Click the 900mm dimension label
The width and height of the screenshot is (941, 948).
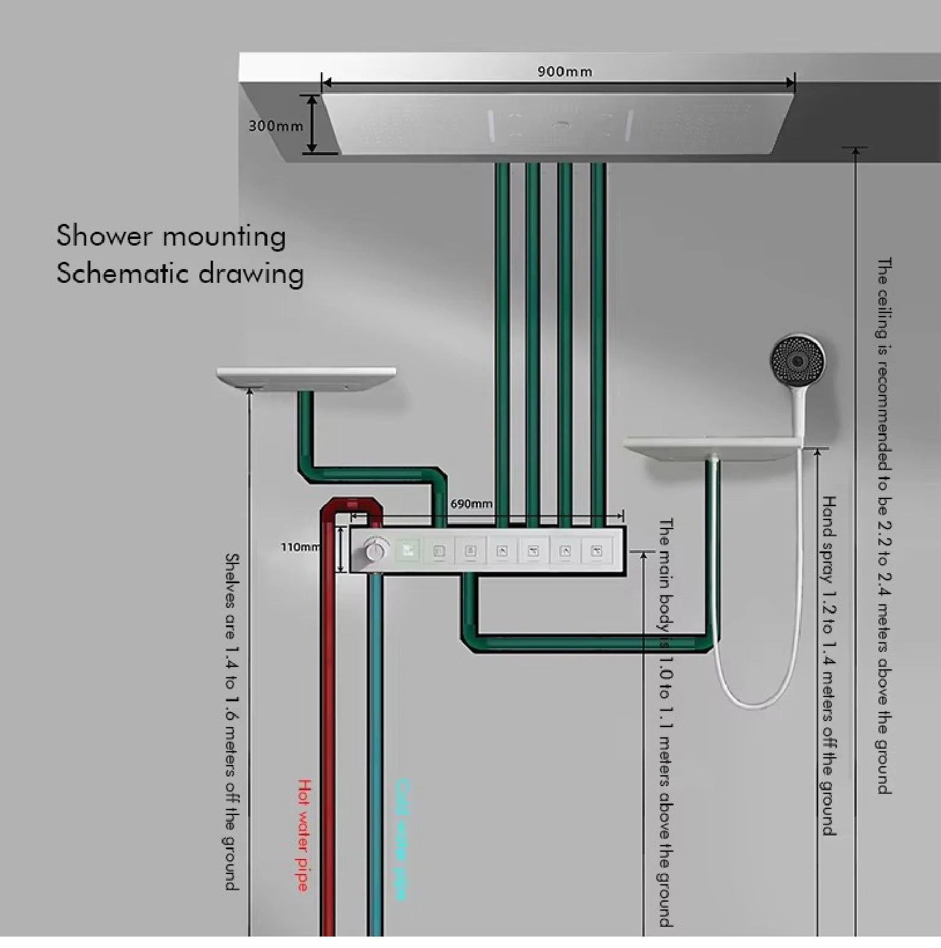click(564, 72)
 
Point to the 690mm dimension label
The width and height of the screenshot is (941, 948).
click(471, 504)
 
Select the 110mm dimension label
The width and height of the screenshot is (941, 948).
click(300, 547)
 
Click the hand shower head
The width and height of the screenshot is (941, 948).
click(798, 361)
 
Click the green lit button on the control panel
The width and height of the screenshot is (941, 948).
click(408, 550)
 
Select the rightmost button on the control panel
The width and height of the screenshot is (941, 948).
click(597, 550)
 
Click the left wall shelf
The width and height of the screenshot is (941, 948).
click(306, 377)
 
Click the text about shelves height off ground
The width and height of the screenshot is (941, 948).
click(232, 722)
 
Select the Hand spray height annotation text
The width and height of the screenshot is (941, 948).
click(829, 665)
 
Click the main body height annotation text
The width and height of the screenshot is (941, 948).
click(665, 722)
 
